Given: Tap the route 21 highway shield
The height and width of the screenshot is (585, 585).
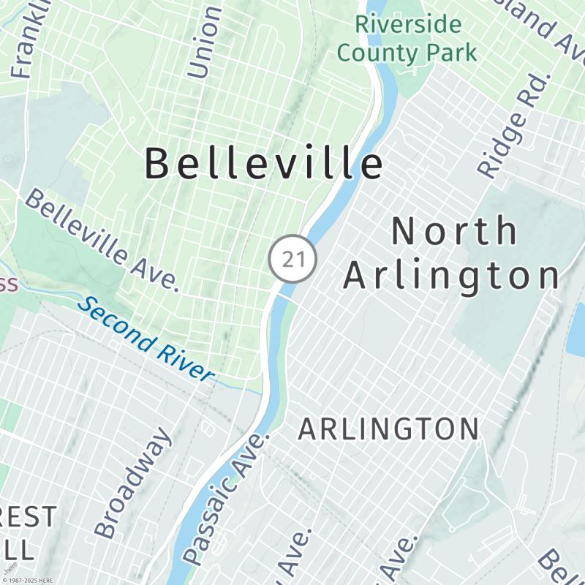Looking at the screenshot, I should (292, 259).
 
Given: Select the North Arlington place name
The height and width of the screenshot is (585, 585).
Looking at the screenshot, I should (453, 254).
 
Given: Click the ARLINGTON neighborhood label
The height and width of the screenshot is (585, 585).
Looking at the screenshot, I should (388, 429).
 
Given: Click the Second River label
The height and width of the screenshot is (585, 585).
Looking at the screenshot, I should (147, 339).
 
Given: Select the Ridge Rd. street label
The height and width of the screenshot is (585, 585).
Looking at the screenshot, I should (513, 124).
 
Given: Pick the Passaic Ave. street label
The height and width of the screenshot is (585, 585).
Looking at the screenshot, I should (226, 498).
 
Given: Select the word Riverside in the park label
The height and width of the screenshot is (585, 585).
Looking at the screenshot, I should (409, 24).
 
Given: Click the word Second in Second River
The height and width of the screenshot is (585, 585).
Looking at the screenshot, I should (117, 322).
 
